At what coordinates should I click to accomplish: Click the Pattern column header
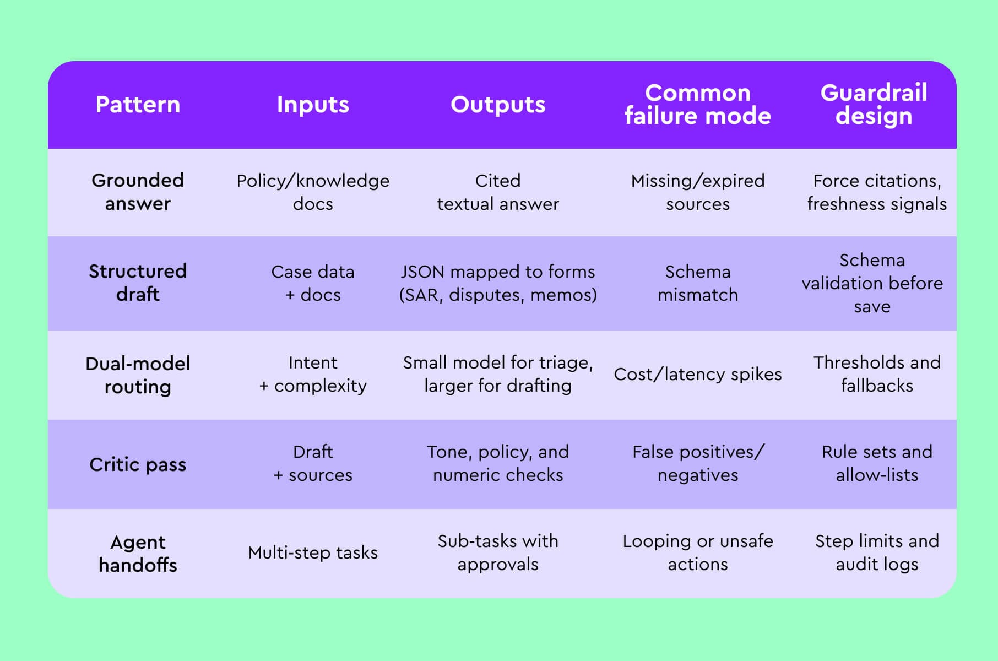(x=138, y=105)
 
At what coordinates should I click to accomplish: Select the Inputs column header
(x=313, y=105)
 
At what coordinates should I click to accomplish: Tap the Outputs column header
(x=498, y=105)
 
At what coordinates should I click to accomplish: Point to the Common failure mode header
(x=697, y=105)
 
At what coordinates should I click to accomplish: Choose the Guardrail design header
(x=874, y=105)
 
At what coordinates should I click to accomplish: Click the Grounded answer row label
(x=138, y=192)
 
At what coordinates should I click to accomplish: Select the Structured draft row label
(x=138, y=283)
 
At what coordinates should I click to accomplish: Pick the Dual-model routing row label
(x=138, y=375)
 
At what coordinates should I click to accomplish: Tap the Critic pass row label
(x=138, y=464)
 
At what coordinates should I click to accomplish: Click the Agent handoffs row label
(x=138, y=553)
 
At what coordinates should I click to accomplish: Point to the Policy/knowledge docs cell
(x=313, y=192)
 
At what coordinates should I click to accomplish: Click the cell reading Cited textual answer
(x=498, y=192)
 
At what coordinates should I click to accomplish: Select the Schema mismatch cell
(x=697, y=283)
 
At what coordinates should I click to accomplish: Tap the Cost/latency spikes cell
(x=697, y=374)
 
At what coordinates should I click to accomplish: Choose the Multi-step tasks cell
(x=313, y=552)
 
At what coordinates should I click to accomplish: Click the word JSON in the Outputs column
(x=422, y=272)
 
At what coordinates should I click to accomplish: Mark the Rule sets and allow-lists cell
(x=877, y=463)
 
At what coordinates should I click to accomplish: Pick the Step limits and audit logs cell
(x=877, y=552)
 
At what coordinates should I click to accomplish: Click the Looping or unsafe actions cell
(x=697, y=552)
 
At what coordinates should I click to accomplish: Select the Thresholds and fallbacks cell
(x=877, y=374)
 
